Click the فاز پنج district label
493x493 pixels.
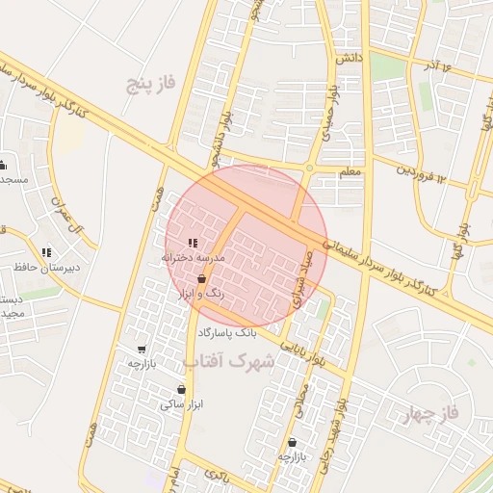coord(152,84)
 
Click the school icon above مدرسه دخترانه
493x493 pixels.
coord(193,244)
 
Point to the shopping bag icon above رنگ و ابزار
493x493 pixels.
coord(200,278)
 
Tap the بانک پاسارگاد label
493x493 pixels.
coord(227,332)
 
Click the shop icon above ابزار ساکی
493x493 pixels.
coord(181,390)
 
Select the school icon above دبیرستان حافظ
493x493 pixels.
coord(46,252)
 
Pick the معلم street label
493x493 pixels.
coord(350,171)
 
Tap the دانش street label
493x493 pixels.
coord(348,59)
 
